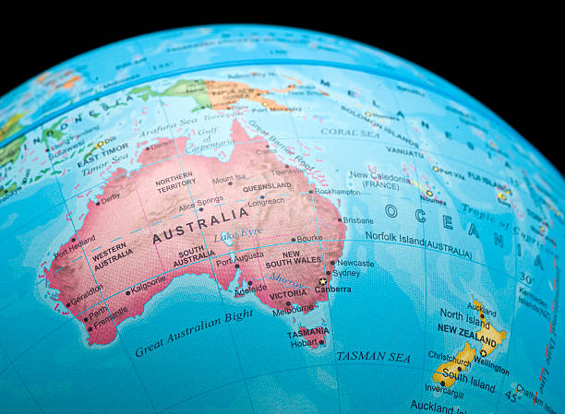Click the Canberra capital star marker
(x=322, y=281)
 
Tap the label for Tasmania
(x=307, y=330)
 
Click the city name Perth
(x=97, y=311)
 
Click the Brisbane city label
(x=357, y=220)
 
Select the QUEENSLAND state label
(x=267, y=187)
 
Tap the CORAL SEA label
(x=350, y=132)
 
